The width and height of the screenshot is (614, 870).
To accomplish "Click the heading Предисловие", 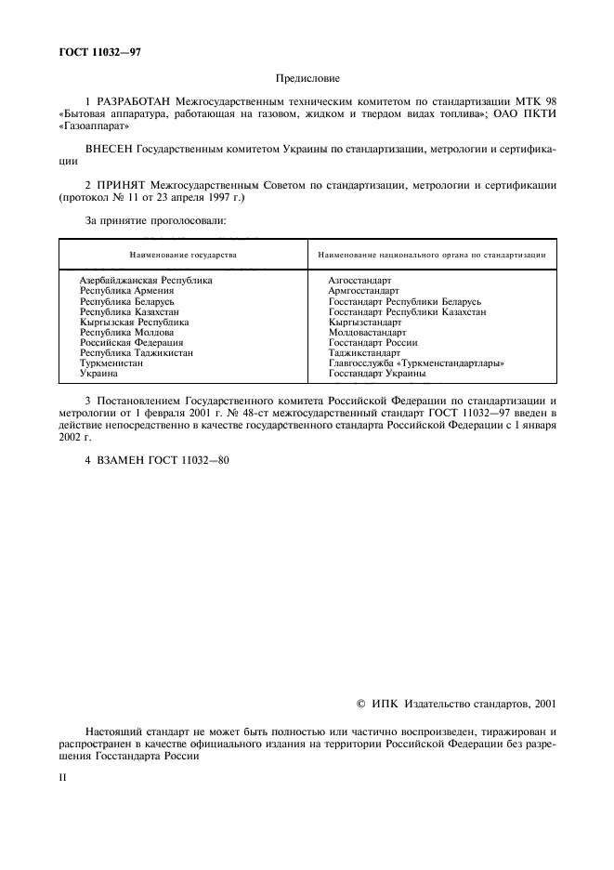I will [x=307, y=80].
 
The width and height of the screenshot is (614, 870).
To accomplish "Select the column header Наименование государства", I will [x=183, y=254].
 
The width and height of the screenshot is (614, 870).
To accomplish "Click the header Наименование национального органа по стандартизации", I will [x=431, y=254].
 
